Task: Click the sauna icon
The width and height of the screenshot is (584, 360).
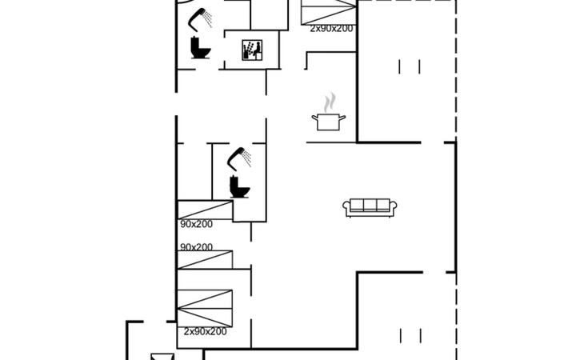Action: point(252,50)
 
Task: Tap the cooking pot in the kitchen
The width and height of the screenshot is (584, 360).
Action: point(329,122)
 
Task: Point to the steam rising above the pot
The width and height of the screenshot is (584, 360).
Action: point(330,102)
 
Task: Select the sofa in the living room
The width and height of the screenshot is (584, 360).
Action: point(370,207)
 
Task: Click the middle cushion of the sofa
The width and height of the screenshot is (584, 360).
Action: point(370,205)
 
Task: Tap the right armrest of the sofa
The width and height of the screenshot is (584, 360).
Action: point(394,206)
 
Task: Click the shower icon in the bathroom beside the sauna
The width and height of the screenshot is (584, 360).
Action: point(200,18)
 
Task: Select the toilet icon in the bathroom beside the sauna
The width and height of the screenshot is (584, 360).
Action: point(200,48)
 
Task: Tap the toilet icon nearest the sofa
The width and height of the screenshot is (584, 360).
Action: point(239,186)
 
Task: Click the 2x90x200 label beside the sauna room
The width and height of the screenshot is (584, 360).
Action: point(331,29)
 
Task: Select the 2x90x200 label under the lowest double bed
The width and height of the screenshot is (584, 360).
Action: point(206,331)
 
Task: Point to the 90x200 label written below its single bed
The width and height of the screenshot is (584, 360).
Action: point(196,224)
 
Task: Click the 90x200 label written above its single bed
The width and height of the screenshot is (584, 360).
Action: point(196,247)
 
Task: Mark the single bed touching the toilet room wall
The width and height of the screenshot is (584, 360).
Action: point(206,210)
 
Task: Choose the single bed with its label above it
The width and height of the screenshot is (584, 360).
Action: point(206,260)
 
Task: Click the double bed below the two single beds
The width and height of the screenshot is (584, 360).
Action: point(205,309)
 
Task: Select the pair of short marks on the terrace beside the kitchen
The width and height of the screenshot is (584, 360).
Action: point(410,66)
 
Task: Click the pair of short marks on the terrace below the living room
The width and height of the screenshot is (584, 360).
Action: point(411,335)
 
